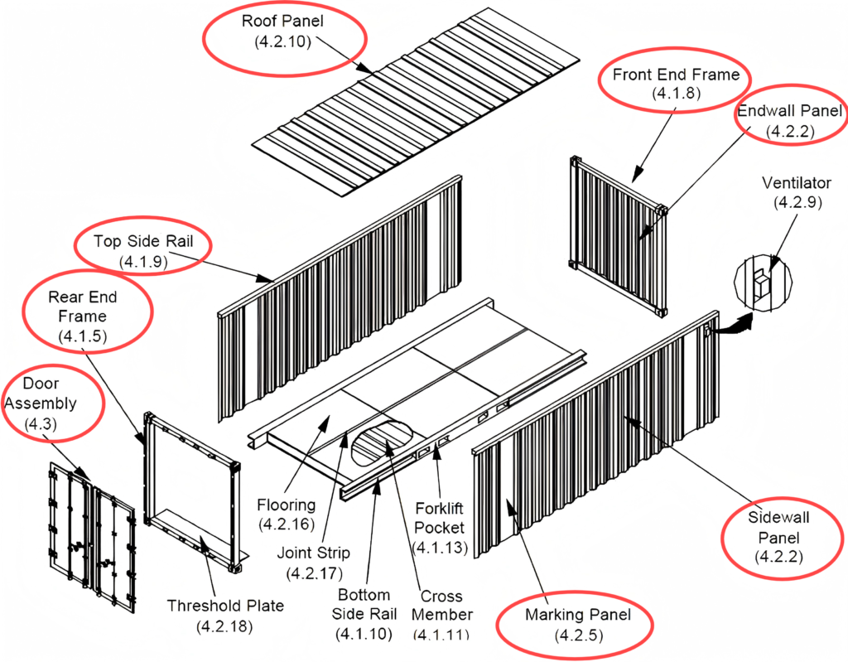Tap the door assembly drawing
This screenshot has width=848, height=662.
90,530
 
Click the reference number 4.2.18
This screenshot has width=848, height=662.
225,626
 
